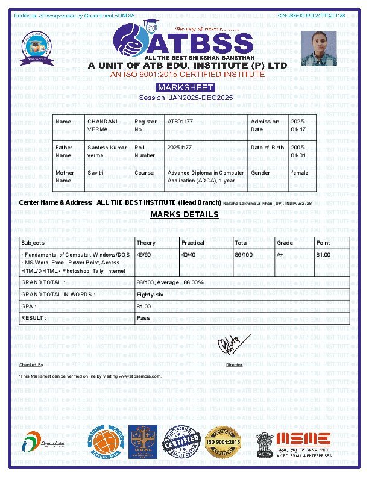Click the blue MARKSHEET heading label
coord(186,87)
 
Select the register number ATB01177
coord(180,122)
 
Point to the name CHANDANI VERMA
coord(102,125)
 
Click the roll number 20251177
coord(180,147)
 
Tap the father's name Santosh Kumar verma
coord(107,151)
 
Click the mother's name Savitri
coord(95,173)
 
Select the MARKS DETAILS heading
coord(184,215)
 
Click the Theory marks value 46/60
coord(143,255)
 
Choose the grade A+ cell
coord(280,255)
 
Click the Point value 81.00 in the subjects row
coord(323,255)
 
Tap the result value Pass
coord(143,317)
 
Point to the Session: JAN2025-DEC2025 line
coord(186,98)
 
